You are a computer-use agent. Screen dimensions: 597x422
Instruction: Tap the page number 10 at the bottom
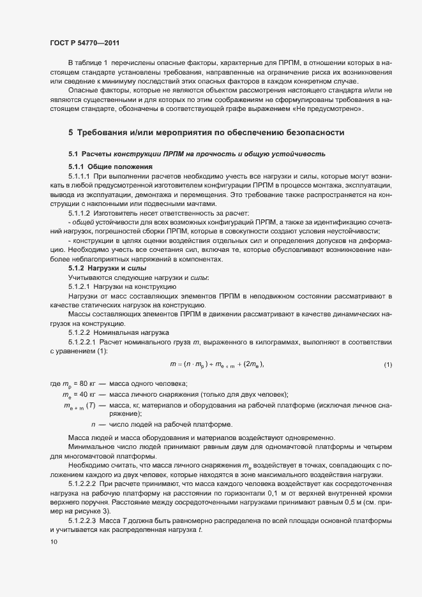[54, 542]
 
